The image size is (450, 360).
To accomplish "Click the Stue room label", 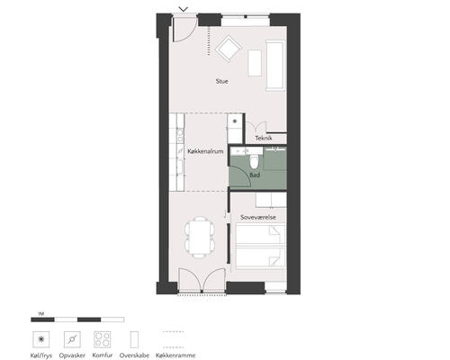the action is (222, 81).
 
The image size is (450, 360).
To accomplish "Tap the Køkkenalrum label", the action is (205, 151).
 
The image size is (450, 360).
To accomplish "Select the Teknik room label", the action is (264, 138).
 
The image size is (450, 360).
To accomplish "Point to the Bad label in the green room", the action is (255, 175).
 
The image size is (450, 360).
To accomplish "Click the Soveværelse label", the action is (258, 217).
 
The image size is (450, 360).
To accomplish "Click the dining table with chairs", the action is (200, 238).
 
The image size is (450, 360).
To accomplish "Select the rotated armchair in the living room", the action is (229, 49).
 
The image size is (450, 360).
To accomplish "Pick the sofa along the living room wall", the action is (274, 66).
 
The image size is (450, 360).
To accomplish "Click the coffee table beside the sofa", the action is (255, 63).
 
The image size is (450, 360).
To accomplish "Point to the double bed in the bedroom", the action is (260, 246).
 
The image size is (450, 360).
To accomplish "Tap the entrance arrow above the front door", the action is (184, 9).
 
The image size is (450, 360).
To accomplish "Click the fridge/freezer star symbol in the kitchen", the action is (235, 121).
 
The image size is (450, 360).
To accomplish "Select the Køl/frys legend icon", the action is (41, 339).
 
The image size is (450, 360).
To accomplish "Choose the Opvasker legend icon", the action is (72, 339).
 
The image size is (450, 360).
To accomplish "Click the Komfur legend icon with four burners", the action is (103, 339).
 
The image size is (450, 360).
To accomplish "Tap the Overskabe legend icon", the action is (134, 339).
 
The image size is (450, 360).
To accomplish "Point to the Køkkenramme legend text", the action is (175, 355).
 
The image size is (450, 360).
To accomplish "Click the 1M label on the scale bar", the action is (41, 314).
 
